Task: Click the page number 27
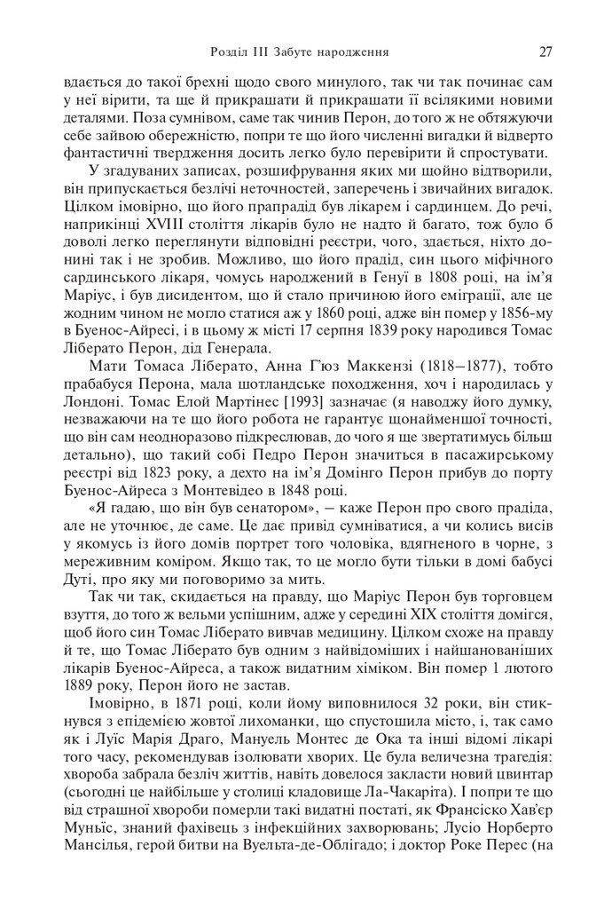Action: click(x=545, y=51)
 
